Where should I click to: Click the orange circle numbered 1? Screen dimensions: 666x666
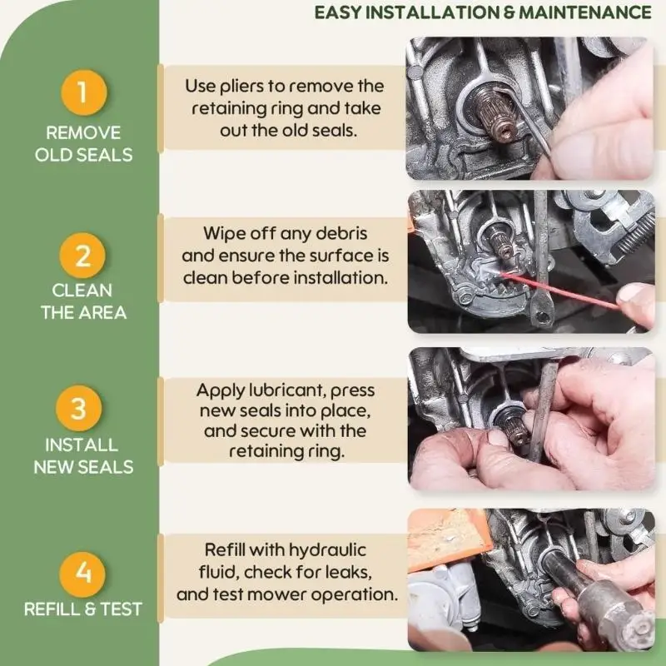[x=84, y=92]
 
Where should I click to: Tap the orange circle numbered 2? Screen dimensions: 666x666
[x=82, y=256]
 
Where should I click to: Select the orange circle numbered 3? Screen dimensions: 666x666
[x=78, y=408]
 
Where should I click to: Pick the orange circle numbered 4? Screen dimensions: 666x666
[x=82, y=574]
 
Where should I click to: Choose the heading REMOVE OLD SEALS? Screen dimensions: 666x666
[x=84, y=144]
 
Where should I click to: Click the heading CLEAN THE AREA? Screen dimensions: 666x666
[x=83, y=301]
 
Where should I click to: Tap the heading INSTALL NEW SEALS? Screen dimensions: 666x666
[x=83, y=456]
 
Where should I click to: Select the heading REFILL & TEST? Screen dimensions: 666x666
[x=82, y=609]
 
